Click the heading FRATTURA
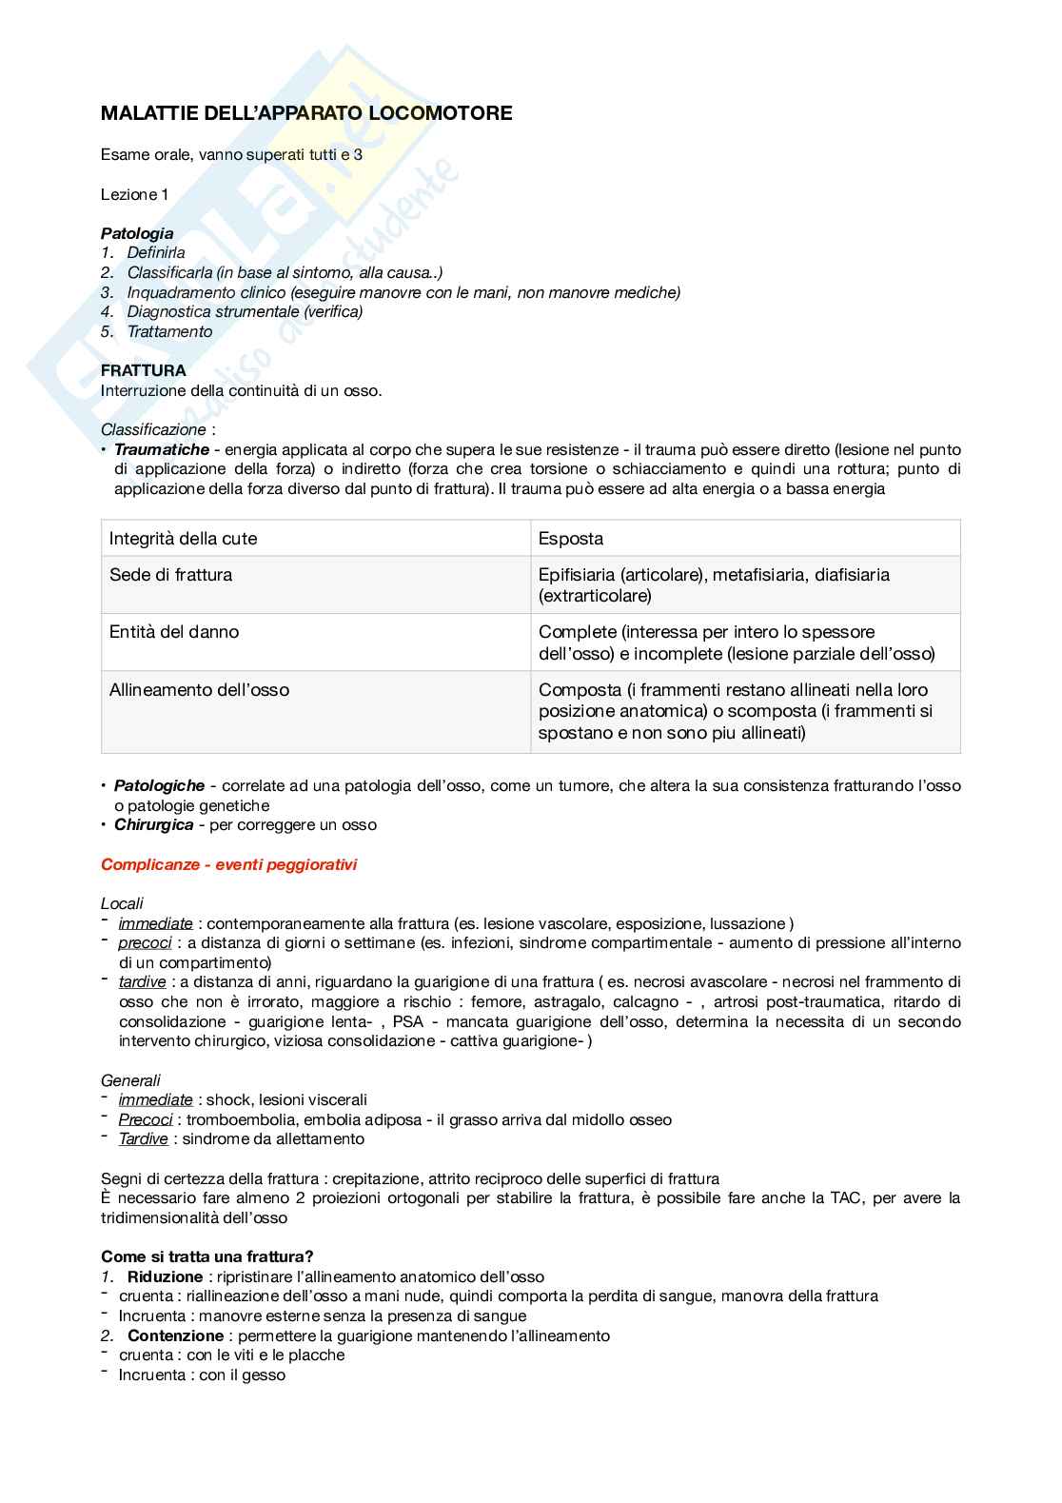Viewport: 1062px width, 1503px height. tap(144, 370)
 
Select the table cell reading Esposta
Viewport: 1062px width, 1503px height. tap(571, 539)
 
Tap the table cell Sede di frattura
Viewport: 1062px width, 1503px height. tap(171, 575)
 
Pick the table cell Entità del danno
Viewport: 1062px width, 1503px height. tap(174, 632)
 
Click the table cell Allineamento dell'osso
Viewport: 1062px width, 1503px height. tap(199, 690)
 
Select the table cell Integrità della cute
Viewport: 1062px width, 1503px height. tap(183, 539)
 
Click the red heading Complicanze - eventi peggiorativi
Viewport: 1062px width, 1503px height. tap(228, 864)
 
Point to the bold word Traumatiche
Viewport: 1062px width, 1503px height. tap(162, 449)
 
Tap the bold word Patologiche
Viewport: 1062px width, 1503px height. tap(159, 786)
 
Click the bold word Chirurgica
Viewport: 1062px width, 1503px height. tap(153, 825)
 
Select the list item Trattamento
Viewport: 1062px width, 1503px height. tap(169, 331)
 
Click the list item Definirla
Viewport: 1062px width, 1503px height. tap(156, 252)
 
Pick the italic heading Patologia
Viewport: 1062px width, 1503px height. tap(137, 233)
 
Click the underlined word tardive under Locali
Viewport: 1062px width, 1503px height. tap(142, 982)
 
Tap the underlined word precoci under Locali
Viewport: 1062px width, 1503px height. tap(145, 943)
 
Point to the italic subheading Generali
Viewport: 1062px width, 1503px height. tap(130, 1080)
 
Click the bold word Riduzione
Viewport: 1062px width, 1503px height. tap(165, 1277)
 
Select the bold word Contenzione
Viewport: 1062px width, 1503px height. tap(175, 1336)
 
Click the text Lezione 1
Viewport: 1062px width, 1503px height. tap(134, 194)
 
